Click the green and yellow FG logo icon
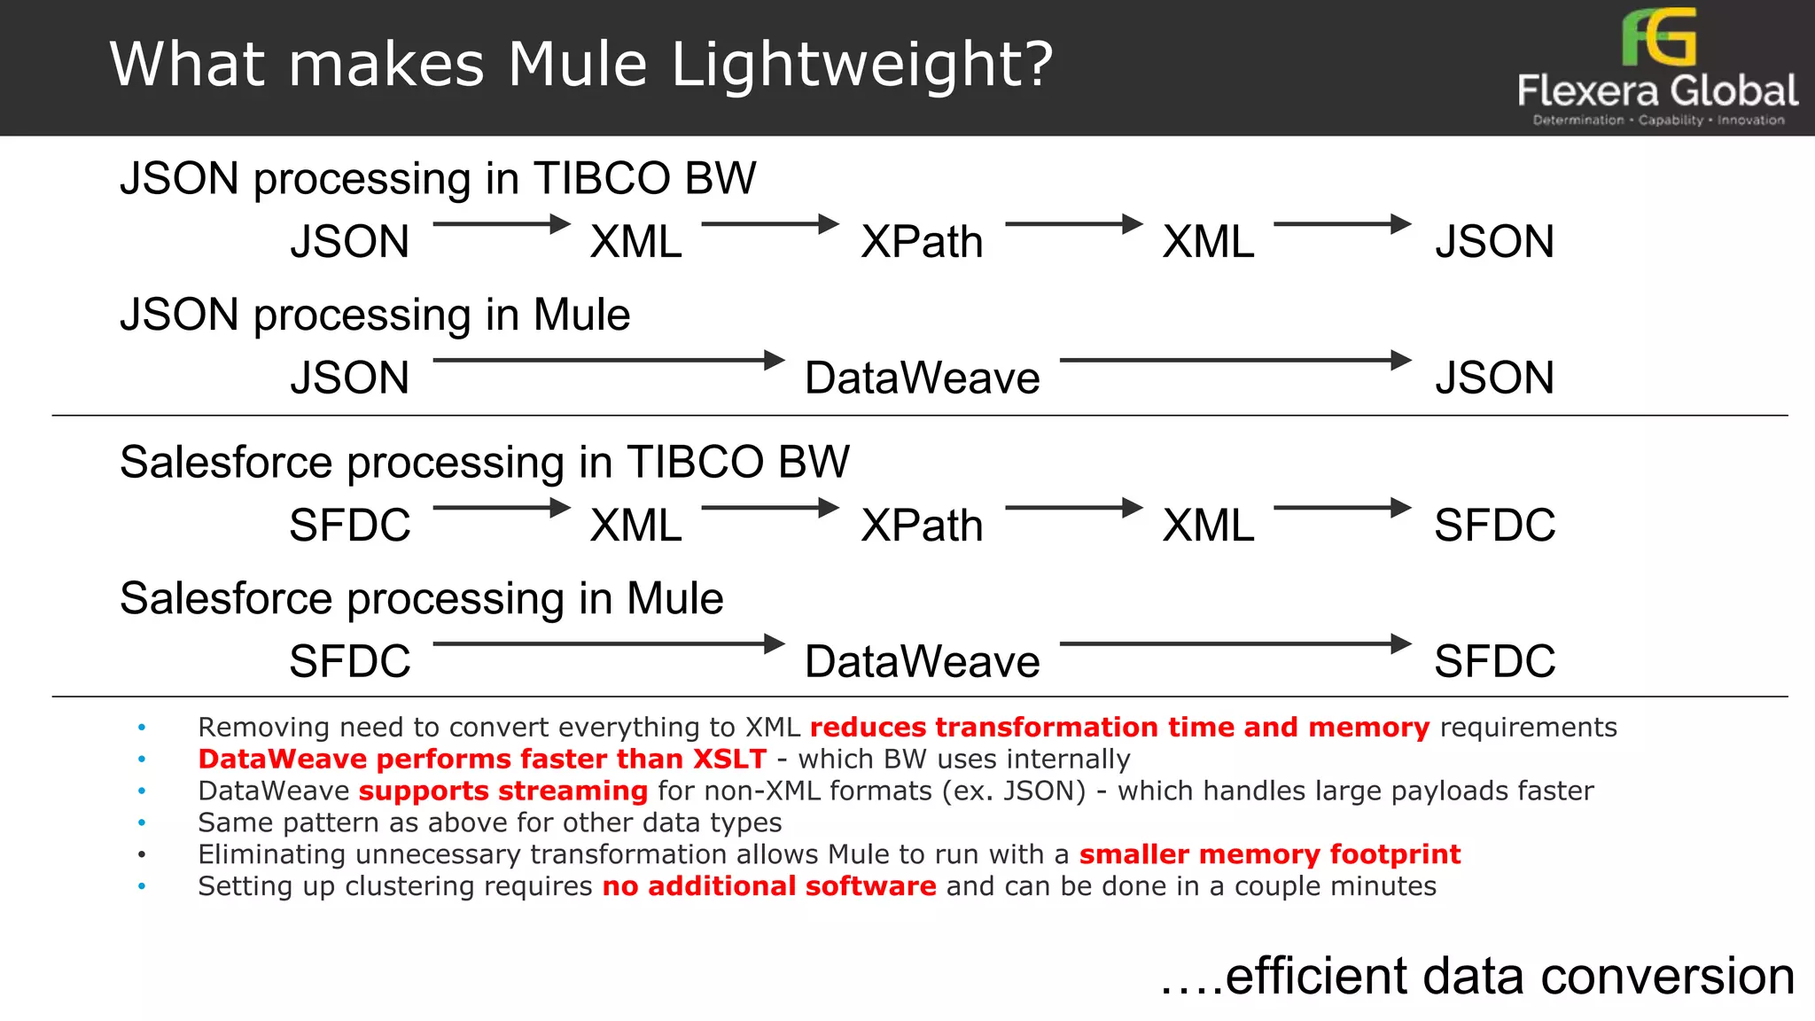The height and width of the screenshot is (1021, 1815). [1659, 37]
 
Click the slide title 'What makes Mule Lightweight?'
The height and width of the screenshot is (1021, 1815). [581, 65]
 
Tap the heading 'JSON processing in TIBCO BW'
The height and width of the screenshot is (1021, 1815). [438, 178]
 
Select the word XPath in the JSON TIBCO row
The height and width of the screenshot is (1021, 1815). [922, 242]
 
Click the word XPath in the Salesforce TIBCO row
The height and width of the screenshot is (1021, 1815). [922, 526]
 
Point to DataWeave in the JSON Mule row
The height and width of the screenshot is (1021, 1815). [922, 378]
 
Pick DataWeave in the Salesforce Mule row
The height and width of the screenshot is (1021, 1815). [922, 662]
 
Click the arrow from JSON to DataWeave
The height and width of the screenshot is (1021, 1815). [609, 360]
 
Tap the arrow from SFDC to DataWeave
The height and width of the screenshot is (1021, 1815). [609, 643]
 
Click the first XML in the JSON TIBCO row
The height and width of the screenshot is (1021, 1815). [636, 242]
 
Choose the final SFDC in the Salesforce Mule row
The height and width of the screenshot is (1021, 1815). [1494, 662]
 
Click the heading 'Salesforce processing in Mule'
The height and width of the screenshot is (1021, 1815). [422, 599]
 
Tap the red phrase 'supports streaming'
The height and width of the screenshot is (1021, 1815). [502, 791]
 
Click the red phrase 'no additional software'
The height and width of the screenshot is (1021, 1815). [768, 886]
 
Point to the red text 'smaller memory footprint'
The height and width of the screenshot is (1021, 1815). [1269, 854]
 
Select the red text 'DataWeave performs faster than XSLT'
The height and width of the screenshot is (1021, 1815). [482, 759]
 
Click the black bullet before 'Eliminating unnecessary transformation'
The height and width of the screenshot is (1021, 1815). [142, 855]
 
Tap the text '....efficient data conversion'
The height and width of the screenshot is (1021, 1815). [1477, 977]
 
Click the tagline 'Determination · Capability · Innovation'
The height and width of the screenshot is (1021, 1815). [1658, 121]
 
